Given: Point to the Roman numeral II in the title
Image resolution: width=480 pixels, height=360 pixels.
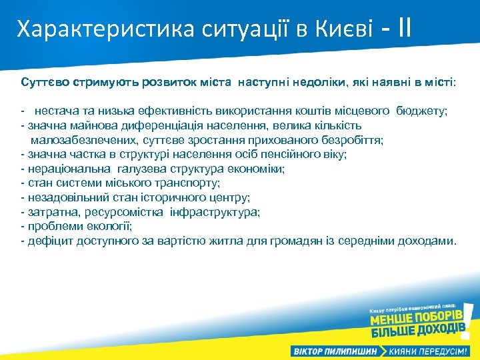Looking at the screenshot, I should tap(403, 28).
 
